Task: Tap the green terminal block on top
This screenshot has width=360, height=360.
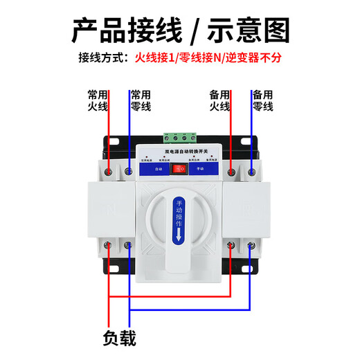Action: pos(179,136)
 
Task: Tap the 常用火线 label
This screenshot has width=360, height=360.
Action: pos(98,100)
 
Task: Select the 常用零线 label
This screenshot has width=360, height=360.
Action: pos(141,100)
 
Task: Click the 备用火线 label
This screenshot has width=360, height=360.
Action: pos(219,100)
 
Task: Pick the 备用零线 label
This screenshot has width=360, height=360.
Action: pos(263,100)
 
